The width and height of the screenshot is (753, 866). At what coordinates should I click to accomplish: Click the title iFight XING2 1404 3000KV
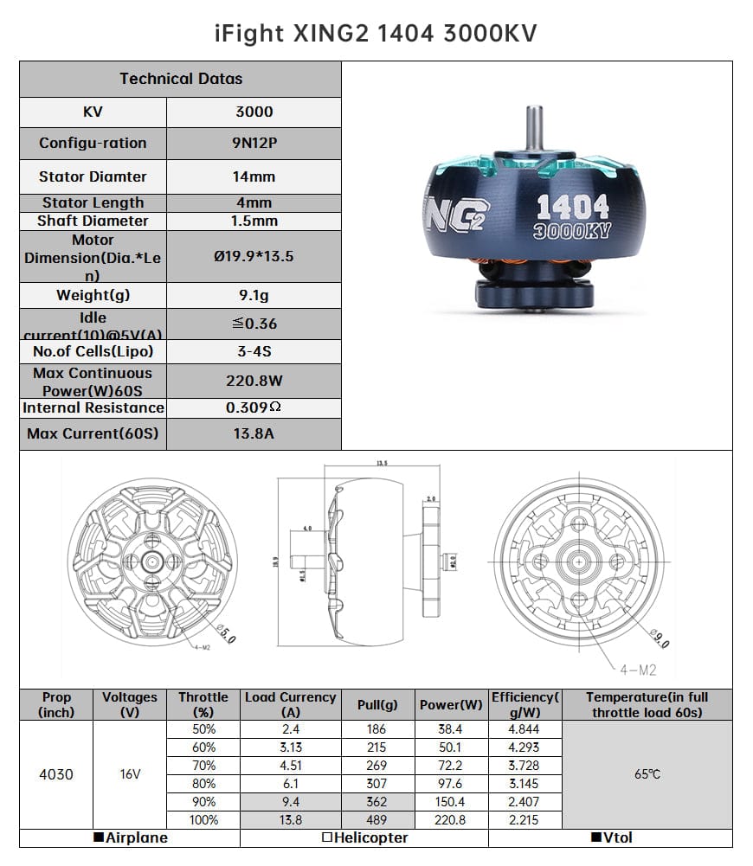(x=376, y=33)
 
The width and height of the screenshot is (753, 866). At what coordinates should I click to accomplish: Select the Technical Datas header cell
(x=181, y=79)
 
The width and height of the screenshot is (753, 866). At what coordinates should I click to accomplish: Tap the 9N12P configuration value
(x=254, y=144)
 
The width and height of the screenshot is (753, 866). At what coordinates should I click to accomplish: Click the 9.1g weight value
(x=254, y=296)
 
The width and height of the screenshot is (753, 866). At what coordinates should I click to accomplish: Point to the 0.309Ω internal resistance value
(x=254, y=407)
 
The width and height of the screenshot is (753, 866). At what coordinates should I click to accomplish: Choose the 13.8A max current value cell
(x=254, y=434)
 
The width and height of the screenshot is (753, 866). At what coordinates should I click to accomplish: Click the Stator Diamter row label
(x=93, y=176)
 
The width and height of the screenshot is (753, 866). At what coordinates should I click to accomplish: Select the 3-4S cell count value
(x=254, y=351)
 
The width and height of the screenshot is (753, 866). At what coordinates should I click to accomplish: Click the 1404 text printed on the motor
(x=573, y=206)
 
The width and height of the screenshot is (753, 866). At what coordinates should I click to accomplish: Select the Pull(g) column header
(x=377, y=705)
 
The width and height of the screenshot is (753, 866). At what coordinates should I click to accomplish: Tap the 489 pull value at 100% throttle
(x=377, y=820)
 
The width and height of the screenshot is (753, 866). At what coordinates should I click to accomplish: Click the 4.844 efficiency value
(x=524, y=729)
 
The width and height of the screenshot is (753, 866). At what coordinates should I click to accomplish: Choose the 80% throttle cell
(x=204, y=784)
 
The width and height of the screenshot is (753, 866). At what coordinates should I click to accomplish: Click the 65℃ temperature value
(x=647, y=774)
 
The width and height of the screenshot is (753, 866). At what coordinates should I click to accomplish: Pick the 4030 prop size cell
(x=56, y=774)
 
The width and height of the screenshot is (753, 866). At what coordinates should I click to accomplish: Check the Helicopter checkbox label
(x=364, y=838)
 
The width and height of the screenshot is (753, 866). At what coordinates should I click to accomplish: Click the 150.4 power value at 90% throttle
(x=451, y=802)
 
